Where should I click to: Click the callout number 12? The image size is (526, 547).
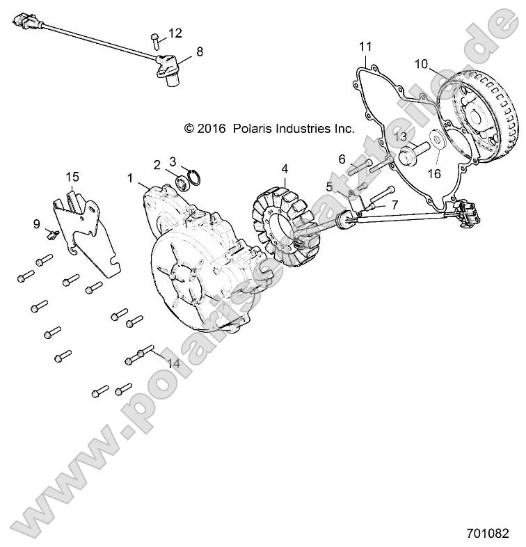(175, 33)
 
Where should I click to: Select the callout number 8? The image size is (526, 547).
(200, 51)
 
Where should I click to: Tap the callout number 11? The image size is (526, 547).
(365, 47)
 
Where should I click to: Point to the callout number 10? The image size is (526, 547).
(422, 65)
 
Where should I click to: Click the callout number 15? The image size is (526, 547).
(73, 177)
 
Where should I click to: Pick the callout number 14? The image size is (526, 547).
(173, 364)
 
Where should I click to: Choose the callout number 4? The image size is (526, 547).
(284, 168)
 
